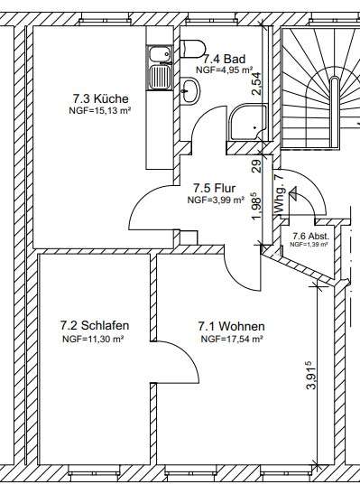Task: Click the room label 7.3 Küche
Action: [x=101, y=98]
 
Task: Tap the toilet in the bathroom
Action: [x=192, y=49]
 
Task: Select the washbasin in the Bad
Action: [x=190, y=90]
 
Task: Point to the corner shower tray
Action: [x=248, y=123]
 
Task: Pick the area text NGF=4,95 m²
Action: [x=225, y=70]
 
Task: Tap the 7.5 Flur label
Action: [x=214, y=189]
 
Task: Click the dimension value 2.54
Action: [x=256, y=83]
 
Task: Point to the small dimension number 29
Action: [x=257, y=166]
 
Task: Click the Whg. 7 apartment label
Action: [x=279, y=194]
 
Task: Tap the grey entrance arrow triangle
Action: [x=293, y=192]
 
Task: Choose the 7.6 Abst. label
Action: [x=310, y=236]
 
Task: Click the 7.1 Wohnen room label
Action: [x=231, y=326]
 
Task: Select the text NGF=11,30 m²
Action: [x=93, y=339]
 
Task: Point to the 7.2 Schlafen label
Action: [x=95, y=325]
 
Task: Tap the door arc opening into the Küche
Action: [x=143, y=197]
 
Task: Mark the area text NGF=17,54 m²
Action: [x=232, y=340]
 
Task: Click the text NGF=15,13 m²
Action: [x=100, y=111]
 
